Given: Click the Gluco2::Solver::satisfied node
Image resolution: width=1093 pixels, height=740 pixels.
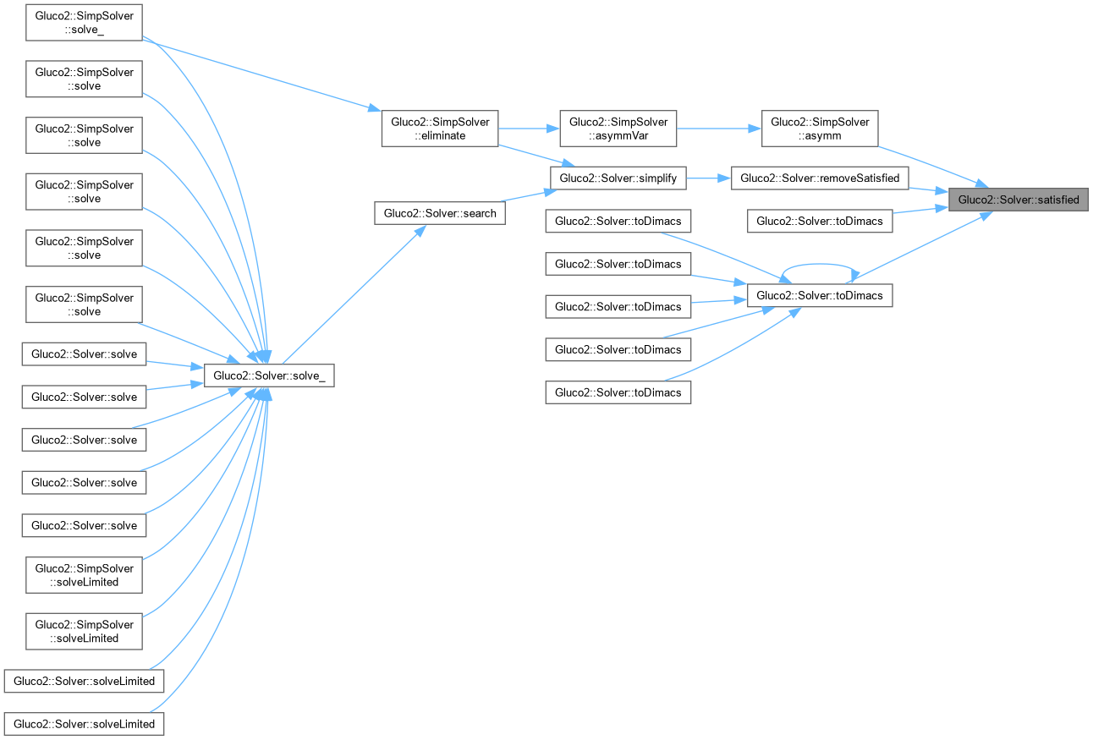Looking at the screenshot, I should pos(1018,200).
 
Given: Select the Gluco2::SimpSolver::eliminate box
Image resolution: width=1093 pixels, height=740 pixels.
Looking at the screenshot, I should pos(440,129).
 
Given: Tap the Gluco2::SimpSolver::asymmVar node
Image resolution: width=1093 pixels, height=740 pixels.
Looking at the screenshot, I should pos(618,129).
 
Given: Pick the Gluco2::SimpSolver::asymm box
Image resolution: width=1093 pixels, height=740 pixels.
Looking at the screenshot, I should pos(820,129).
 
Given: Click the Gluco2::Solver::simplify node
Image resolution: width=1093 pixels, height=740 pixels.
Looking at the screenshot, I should pos(617,178).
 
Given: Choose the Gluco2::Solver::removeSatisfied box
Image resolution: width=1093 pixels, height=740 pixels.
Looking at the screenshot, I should pos(820,178).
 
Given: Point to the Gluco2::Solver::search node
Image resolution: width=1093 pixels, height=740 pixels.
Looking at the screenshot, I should pos(439,213).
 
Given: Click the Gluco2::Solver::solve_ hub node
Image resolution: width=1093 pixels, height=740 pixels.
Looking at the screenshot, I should pos(269,375).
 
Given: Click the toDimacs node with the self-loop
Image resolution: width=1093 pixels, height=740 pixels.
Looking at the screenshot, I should pos(819,296).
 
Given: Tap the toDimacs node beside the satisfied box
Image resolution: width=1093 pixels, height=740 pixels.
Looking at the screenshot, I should pos(819,221).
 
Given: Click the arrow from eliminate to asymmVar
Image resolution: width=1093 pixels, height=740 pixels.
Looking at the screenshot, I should pos(529,129).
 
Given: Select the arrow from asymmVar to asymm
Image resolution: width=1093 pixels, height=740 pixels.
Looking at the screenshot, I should pos(719,129).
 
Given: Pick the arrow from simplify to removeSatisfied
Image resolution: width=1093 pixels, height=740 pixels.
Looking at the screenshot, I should pos(708,178).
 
